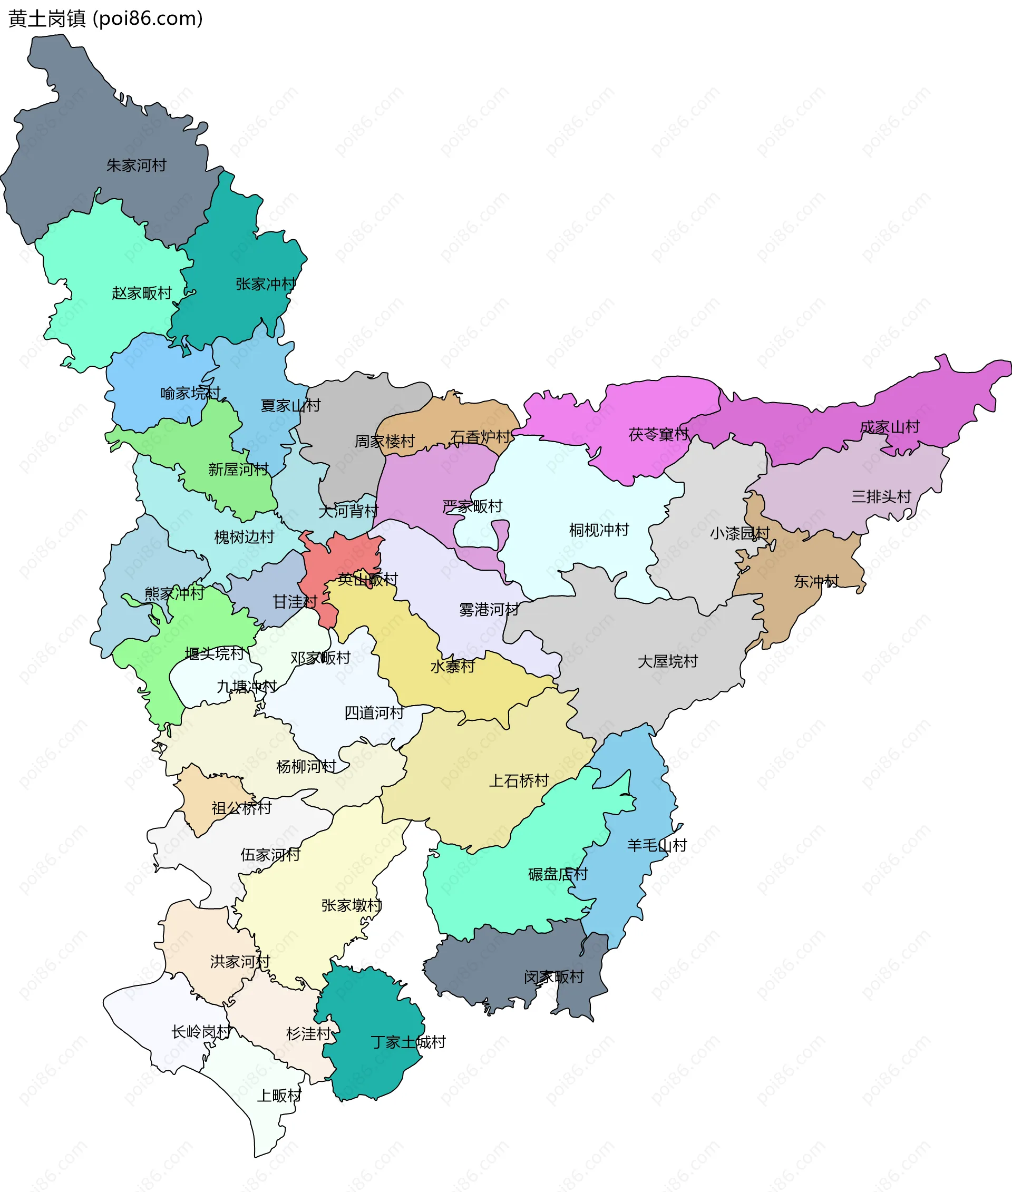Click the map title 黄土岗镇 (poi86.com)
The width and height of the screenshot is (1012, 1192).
coord(105,19)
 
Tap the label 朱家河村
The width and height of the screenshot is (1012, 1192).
coord(137,166)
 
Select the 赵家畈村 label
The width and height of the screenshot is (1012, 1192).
coord(142,294)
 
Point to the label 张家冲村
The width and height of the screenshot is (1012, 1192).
coord(266,285)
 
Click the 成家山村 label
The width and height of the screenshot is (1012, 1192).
coord(889,427)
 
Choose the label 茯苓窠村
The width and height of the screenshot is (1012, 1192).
coord(658,435)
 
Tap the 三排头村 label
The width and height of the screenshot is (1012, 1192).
coord(881,497)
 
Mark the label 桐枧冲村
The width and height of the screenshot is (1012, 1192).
coord(599,530)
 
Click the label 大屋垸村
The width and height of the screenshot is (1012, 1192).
coord(667,662)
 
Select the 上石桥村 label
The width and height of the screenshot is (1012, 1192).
coord(519,781)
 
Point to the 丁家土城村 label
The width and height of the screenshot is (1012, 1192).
coord(408,1042)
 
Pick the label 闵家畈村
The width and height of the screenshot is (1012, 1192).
coord(553,977)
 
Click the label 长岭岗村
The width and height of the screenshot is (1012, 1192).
coord(201,1032)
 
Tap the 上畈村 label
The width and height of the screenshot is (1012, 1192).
coord(279,1096)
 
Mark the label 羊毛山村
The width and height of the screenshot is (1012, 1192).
coord(656,846)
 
